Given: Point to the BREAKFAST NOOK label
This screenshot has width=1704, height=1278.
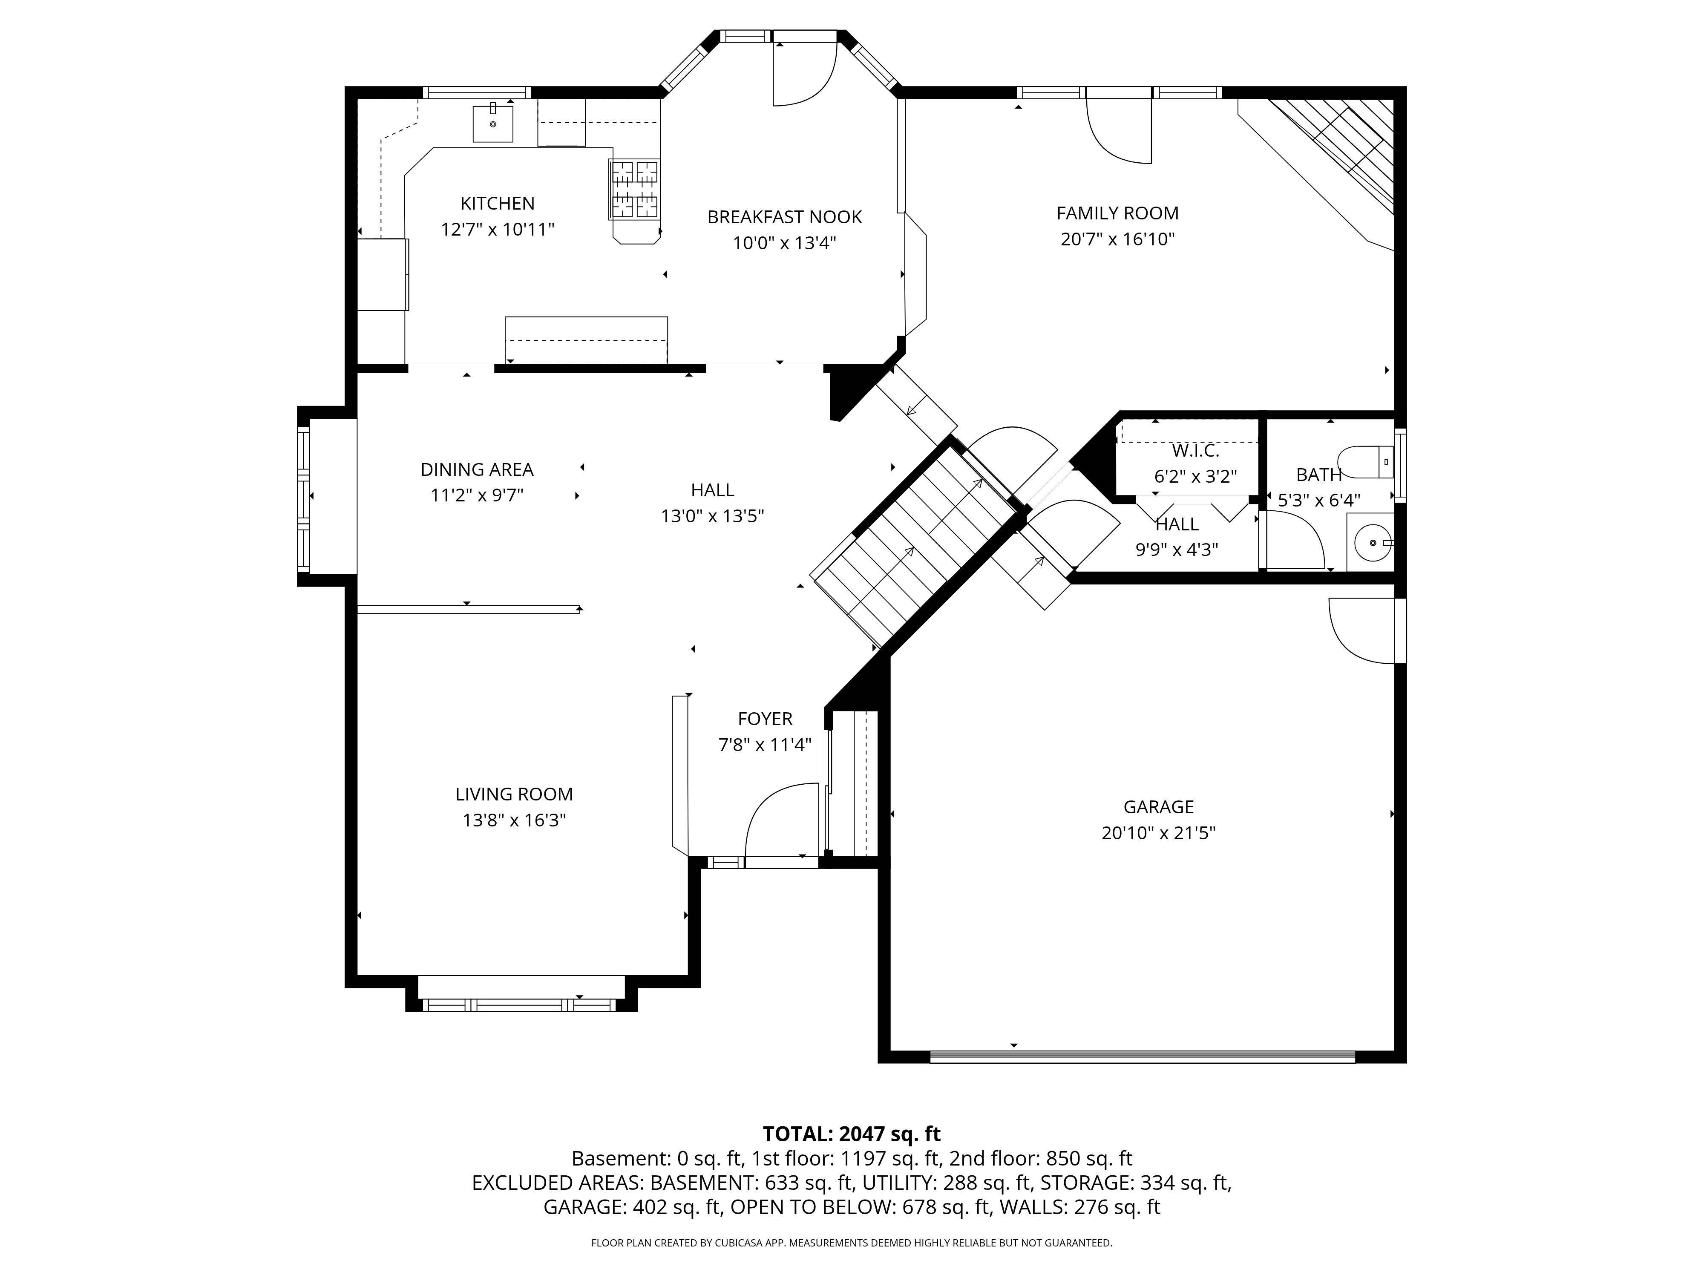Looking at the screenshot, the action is point(784,217).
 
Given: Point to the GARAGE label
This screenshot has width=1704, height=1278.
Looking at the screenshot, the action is point(1159,806).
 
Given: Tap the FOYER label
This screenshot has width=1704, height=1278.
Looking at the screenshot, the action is point(765,719).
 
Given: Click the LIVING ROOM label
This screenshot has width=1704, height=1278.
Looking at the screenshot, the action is point(514,794).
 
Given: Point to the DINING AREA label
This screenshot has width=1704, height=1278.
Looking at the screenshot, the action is point(477,469).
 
